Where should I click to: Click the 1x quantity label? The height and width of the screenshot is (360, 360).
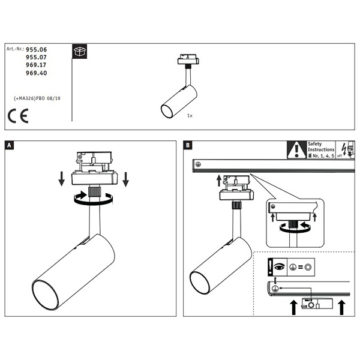(x=189, y=114)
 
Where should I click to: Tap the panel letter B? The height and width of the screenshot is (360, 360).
(x=188, y=145)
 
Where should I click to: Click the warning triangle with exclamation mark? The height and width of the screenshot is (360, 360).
(x=296, y=149)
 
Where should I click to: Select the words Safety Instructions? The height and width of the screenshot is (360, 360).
(x=317, y=147)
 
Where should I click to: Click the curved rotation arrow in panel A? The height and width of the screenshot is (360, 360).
(x=93, y=201)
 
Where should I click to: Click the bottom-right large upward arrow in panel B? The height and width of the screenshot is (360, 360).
(x=341, y=307)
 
